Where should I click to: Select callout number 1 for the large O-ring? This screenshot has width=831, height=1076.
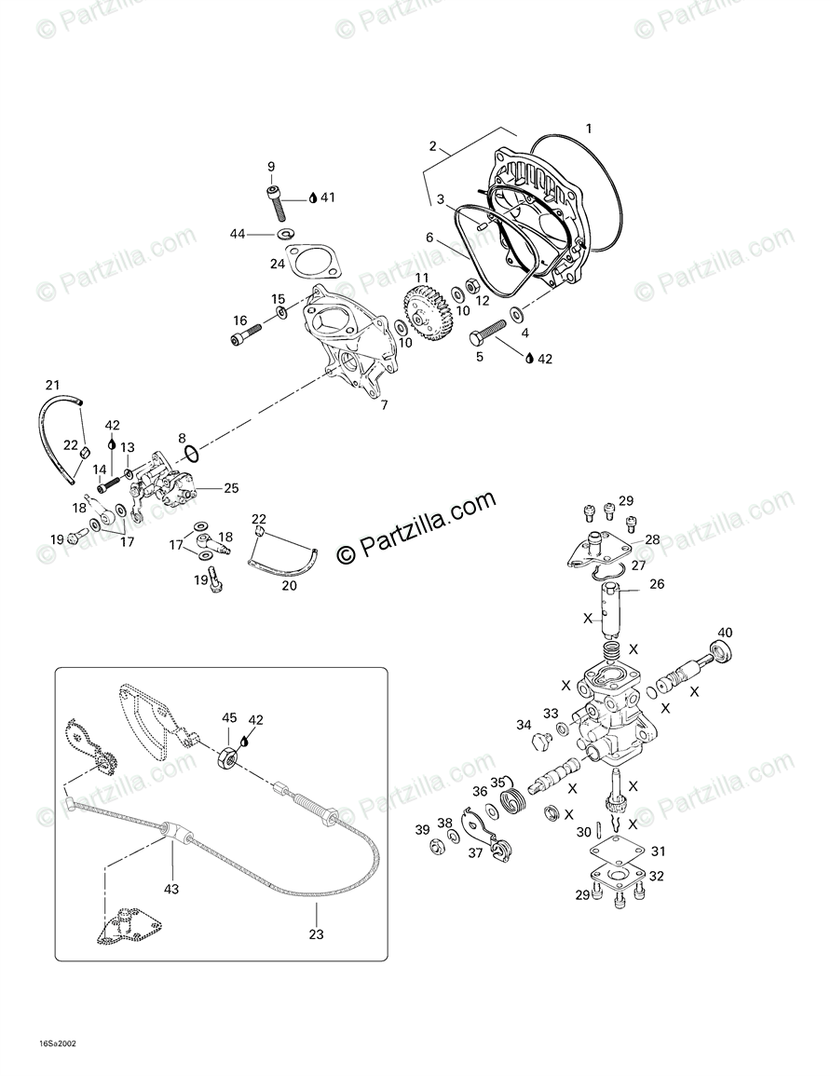588,128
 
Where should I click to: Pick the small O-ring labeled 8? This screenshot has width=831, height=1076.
189,454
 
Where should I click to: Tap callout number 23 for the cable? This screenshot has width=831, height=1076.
317,934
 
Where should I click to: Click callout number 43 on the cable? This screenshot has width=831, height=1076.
170,889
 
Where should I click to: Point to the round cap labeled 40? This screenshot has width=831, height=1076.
720,655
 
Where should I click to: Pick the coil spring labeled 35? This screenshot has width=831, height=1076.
511,798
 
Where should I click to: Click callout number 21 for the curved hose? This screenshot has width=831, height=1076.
52,385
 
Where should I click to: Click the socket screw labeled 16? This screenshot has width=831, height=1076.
241,330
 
